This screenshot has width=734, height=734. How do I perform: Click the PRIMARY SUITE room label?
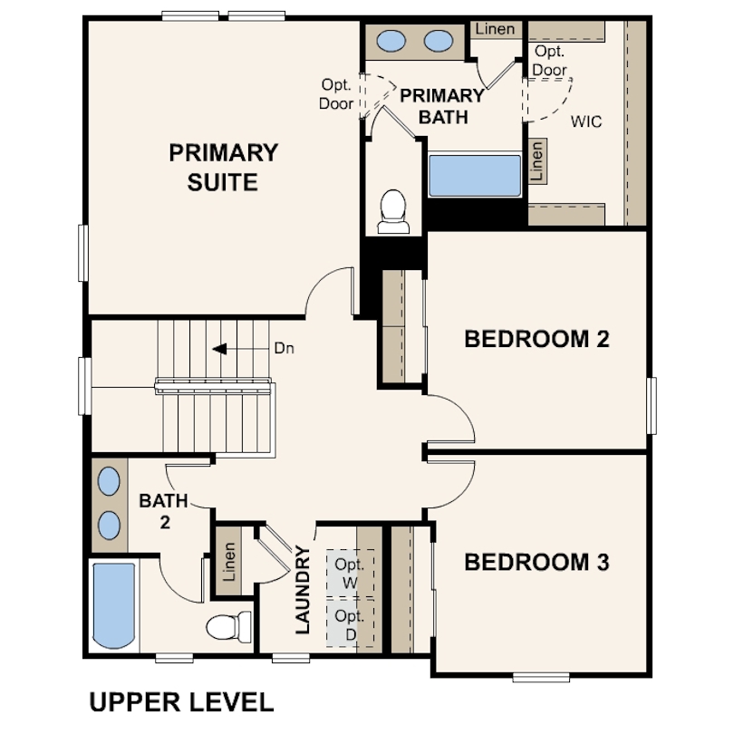(x=223, y=167)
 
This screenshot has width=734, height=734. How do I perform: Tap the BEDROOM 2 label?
(x=536, y=339)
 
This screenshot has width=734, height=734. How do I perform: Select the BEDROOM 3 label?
(x=536, y=562)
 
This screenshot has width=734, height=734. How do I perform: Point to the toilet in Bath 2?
(x=229, y=627)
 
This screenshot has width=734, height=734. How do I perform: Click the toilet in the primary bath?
(x=393, y=211)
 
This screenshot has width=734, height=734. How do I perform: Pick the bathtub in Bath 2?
(x=114, y=605)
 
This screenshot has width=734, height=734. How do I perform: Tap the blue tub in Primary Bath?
(x=475, y=176)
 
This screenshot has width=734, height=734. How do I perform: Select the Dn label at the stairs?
(x=284, y=348)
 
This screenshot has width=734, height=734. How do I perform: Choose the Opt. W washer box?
(x=350, y=574)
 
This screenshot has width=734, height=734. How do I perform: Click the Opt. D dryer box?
(x=350, y=623)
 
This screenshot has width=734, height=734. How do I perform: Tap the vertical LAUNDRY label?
(x=303, y=590)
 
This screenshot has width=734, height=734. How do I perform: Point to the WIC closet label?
(x=586, y=121)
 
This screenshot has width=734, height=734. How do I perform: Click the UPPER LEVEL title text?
(x=181, y=702)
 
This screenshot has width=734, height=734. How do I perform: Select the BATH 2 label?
(x=163, y=511)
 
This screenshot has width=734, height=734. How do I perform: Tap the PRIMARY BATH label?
(x=442, y=106)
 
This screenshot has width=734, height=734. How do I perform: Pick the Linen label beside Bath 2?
(x=229, y=562)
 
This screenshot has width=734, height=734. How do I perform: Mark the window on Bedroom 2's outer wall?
(x=652, y=406)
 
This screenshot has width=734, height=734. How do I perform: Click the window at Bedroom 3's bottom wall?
(x=541, y=677)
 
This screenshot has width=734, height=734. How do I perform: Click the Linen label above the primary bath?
(x=495, y=29)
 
